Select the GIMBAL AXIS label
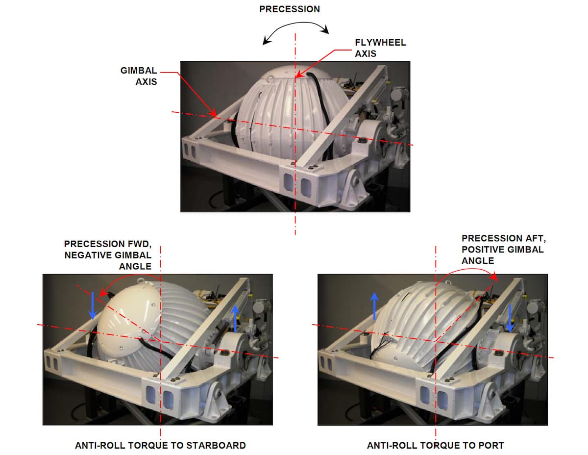pyautogui.click(x=139, y=76)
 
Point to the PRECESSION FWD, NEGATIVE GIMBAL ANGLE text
pyautogui.click(x=108, y=254)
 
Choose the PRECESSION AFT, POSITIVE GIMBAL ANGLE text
pyautogui.click(x=503, y=249)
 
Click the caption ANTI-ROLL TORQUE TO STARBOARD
pyautogui.click(x=160, y=445)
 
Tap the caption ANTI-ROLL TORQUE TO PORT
pyautogui.click(x=436, y=445)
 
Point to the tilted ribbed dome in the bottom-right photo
pyautogui.click(x=421, y=319)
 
